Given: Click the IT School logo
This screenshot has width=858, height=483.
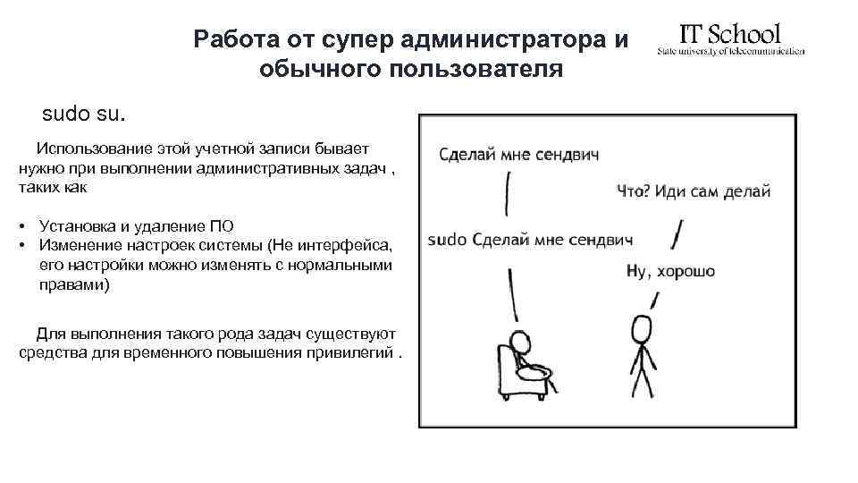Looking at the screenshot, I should [730, 39].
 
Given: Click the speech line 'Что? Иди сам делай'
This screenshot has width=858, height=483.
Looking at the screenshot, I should [693, 191].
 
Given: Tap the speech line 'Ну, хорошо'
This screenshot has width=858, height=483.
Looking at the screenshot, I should [670, 271].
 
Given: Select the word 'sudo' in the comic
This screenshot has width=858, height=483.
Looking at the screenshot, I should [448, 240].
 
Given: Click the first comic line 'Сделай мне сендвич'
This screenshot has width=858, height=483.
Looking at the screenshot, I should [518, 155].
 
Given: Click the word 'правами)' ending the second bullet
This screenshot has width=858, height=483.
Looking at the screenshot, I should [74, 284].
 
